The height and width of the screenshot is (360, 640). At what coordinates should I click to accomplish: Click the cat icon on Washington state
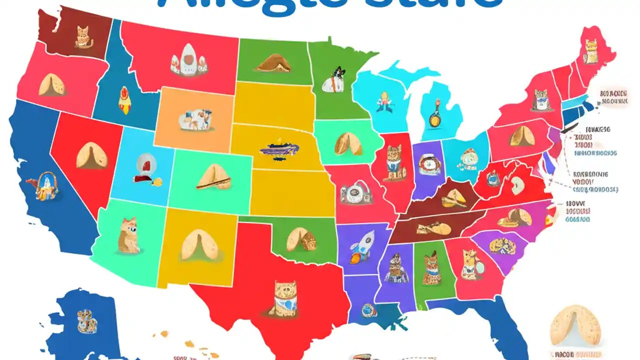coord(81,37)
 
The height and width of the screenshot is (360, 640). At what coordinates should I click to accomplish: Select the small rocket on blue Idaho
coord(123,97)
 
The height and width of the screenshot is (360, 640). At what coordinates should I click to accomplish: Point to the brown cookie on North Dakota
coord(272,63)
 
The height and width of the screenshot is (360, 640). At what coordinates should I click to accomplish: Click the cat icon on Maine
coord(591,51)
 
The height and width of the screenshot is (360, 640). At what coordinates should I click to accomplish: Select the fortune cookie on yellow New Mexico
coord(199,244)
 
